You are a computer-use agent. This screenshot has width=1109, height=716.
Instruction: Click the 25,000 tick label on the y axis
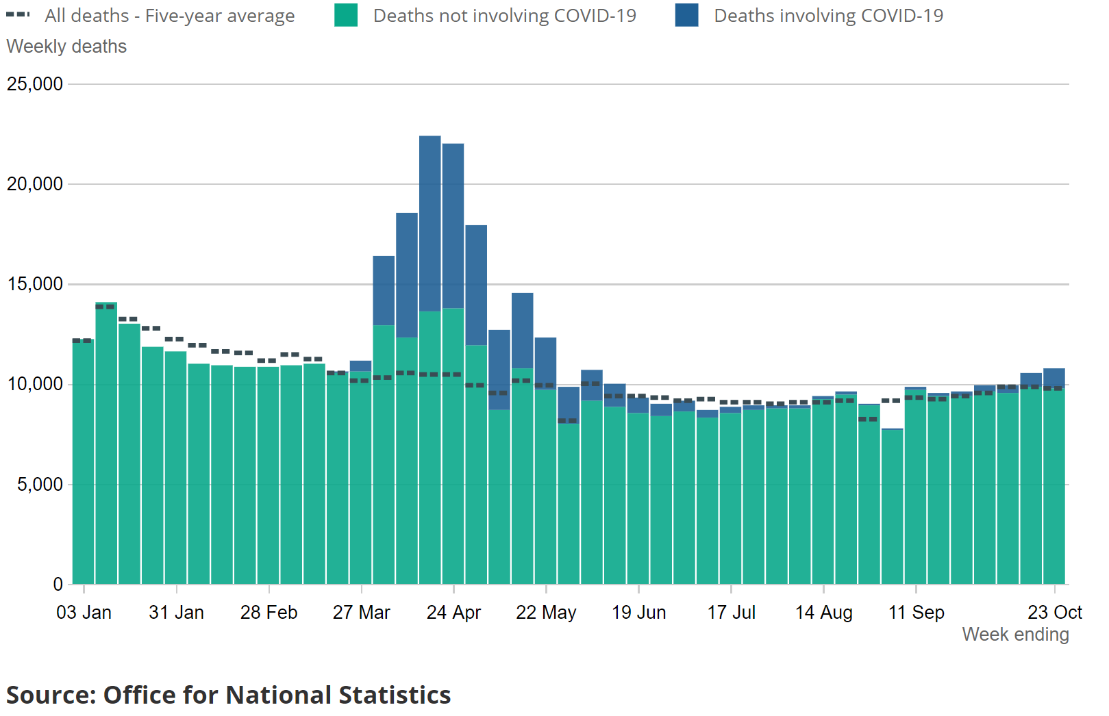click(x=35, y=84)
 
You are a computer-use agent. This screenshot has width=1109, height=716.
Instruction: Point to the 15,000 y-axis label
click(x=35, y=284)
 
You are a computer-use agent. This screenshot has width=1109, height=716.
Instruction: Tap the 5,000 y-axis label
click(x=40, y=485)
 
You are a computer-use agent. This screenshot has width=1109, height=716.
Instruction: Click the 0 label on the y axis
click(x=58, y=585)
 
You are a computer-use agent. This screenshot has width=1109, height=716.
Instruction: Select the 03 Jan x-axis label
click(x=84, y=613)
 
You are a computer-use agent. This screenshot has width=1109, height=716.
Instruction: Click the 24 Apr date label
click(x=453, y=613)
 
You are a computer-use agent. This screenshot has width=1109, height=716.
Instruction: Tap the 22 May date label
click(x=546, y=613)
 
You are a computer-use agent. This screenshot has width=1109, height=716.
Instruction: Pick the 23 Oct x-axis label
click(x=1054, y=613)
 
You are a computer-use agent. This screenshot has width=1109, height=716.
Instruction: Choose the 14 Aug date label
click(x=823, y=613)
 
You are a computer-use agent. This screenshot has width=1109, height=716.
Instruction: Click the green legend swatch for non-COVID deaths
click(x=346, y=15)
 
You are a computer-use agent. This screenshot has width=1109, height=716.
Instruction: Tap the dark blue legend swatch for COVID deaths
click(x=686, y=15)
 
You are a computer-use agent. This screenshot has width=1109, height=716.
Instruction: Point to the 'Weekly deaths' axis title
click(x=66, y=47)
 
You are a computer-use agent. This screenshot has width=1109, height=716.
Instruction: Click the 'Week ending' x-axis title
click(x=1015, y=635)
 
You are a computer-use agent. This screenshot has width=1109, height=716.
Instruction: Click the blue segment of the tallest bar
click(x=430, y=223)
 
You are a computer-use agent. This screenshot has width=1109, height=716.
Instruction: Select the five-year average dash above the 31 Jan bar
click(x=175, y=339)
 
